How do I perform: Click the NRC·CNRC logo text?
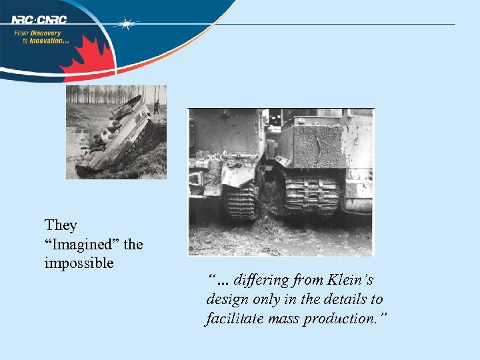pos(39,19)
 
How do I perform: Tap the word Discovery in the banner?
pos(46,33)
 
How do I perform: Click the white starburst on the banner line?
pos(125,24)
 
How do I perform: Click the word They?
pos(61,225)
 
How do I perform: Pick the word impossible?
pos(79,263)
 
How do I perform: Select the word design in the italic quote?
pos(227,300)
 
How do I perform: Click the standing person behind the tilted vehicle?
pos(157,107)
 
